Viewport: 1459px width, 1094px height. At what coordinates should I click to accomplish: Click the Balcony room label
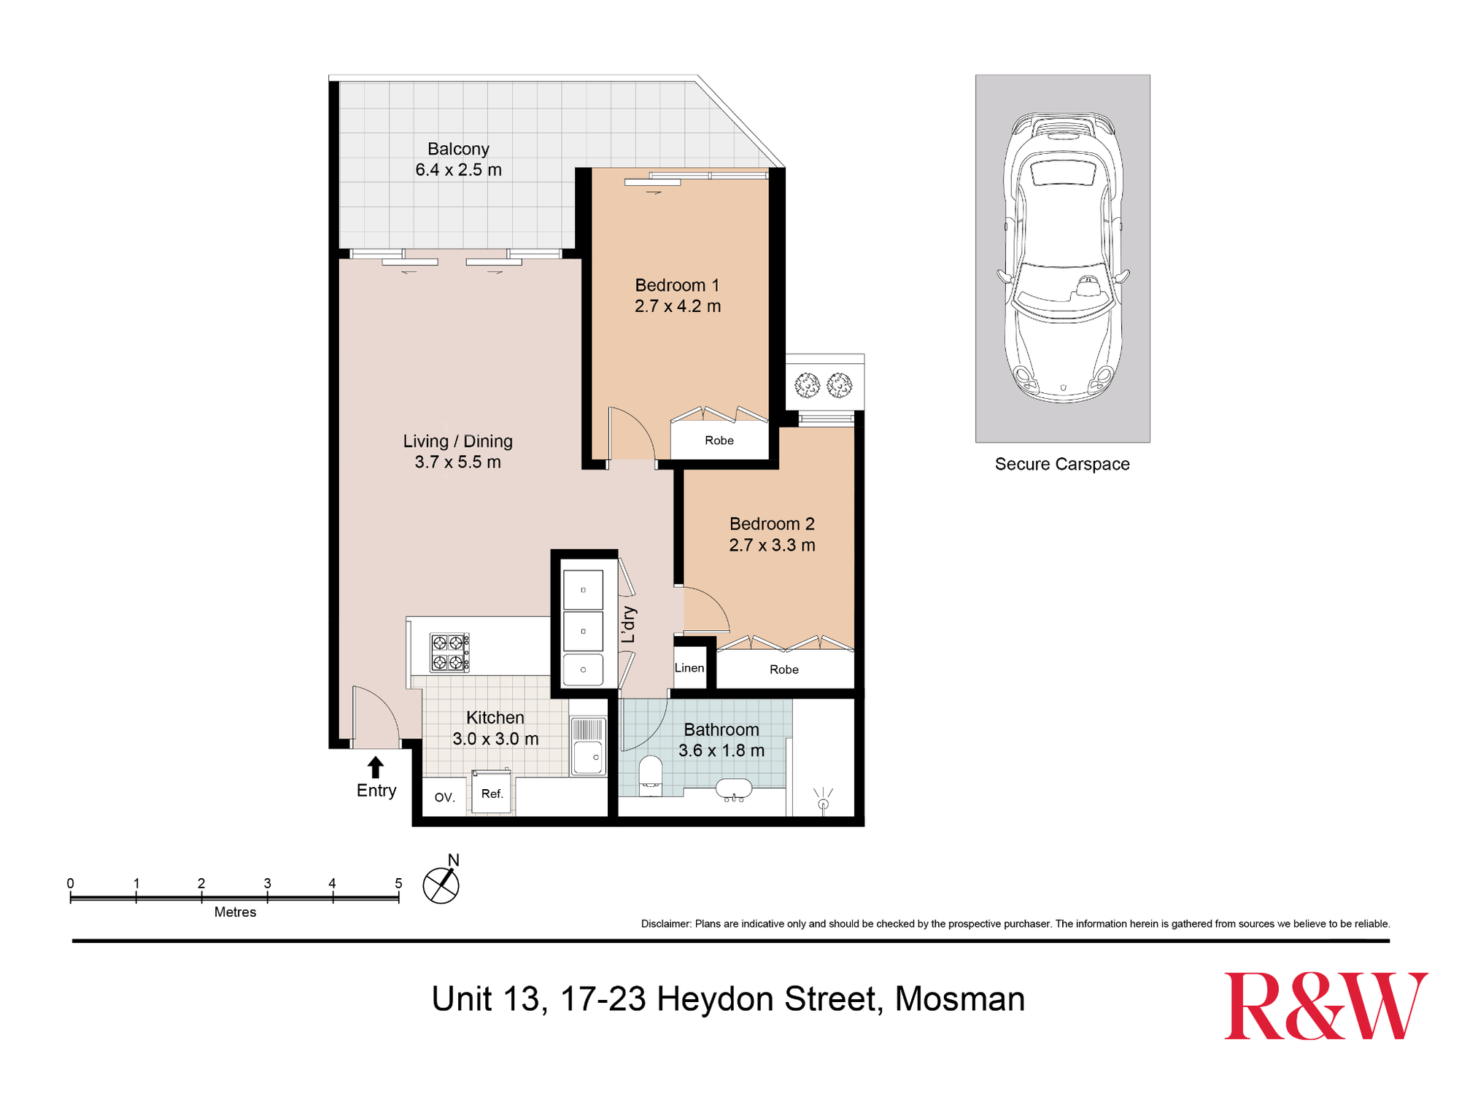click(458, 149)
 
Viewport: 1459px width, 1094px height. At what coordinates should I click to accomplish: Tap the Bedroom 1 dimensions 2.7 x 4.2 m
click(677, 306)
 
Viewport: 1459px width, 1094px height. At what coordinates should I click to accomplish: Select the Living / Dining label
click(457, 441)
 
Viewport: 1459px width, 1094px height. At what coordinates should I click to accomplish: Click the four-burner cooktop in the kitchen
click(449, 652)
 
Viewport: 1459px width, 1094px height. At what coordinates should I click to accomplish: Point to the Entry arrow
click(375, 767)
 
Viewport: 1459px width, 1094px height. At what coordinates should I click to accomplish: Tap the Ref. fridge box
click(492, 794)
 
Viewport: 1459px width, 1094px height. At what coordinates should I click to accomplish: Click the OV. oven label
click(444, 797)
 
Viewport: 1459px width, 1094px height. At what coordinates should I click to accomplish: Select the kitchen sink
click(588, 747)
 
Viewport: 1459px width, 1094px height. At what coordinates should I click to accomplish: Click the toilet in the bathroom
click(650, 775)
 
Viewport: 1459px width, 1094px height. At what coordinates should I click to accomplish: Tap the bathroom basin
click(733, 789)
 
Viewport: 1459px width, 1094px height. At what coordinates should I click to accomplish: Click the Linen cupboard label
click(689, 668)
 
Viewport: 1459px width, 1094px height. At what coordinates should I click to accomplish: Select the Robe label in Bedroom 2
click(784, 670)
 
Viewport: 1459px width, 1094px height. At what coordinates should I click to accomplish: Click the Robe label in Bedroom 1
click(719, 441)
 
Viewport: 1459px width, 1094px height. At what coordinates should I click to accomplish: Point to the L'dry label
click(629, 624)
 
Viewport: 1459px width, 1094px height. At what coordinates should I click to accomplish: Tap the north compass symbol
click(441, 885)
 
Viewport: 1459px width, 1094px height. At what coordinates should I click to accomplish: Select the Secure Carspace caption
click(1061, 464)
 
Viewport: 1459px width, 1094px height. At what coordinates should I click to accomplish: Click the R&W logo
click(1325, 1006)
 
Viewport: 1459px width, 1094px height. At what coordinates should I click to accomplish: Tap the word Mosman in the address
click(959, 999)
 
